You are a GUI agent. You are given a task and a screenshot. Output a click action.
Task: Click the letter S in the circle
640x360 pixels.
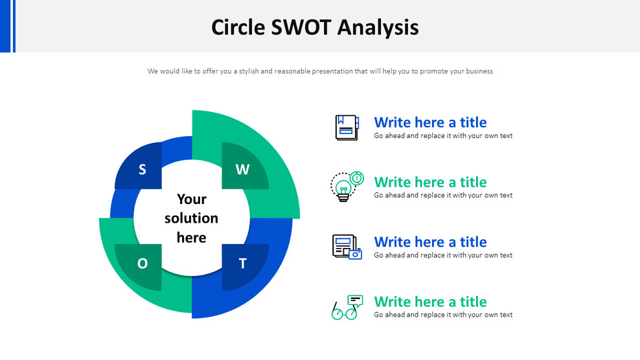(x=143, y=170)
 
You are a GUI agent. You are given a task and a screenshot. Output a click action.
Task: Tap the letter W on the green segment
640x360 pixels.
(x=242, y=170)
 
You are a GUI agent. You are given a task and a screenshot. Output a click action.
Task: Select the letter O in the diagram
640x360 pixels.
(x=143, y=264)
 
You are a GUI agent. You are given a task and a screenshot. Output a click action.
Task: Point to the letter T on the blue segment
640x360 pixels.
(x=243, y=264)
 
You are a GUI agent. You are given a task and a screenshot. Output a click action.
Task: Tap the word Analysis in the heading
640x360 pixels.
(x=378, y=27)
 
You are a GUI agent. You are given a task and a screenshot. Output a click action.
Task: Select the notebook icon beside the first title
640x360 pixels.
(x=347, y=127)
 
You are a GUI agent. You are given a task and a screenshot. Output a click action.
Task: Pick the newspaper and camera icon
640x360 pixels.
(x=347, y=247)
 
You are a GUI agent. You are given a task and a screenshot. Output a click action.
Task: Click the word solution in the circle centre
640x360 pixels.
(x=191, y=218)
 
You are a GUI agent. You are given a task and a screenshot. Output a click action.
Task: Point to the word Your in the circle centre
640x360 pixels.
(x=192, y=199)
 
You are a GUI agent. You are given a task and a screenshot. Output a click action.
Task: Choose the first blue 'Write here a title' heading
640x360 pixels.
(x=430, y=122)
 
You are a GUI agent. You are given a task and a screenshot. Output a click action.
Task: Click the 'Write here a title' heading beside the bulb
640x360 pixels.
(x=430, y=182)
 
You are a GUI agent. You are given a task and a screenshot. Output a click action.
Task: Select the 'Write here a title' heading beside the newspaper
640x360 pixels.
(x=430, y=242)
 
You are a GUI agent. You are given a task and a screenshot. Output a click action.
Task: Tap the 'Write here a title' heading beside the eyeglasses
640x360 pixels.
(x=430, y=302)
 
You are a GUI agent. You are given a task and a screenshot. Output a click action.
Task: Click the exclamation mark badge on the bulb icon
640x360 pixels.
(x=357, y=177)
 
